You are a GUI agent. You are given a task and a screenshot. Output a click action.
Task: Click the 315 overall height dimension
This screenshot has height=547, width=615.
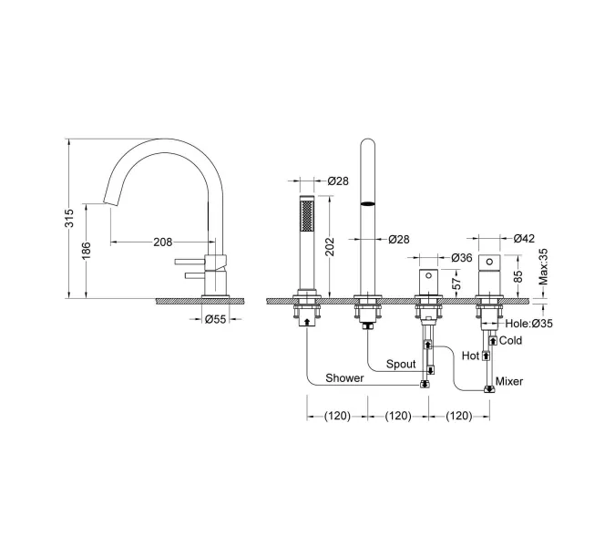[69, 218]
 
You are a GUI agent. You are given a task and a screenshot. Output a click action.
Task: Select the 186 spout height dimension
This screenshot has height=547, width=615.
[87, 251]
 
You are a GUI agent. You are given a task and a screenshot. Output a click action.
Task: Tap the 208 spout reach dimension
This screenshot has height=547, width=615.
[163, 243]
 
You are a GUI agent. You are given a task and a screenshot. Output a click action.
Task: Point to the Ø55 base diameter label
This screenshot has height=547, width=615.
[216, 319]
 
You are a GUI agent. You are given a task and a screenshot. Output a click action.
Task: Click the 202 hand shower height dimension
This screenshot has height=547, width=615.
[330, 246]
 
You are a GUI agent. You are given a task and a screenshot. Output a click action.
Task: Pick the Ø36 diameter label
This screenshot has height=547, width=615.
[462, 258]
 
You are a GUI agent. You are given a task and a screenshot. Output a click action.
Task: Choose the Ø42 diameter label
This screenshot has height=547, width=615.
[524, 238]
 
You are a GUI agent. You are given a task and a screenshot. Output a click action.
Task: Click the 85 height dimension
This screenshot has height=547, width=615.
[518, 276]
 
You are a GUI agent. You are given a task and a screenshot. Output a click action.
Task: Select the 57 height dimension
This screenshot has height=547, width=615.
[457, 284]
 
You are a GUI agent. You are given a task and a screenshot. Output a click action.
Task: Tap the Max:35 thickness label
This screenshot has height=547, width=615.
[543, 267]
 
